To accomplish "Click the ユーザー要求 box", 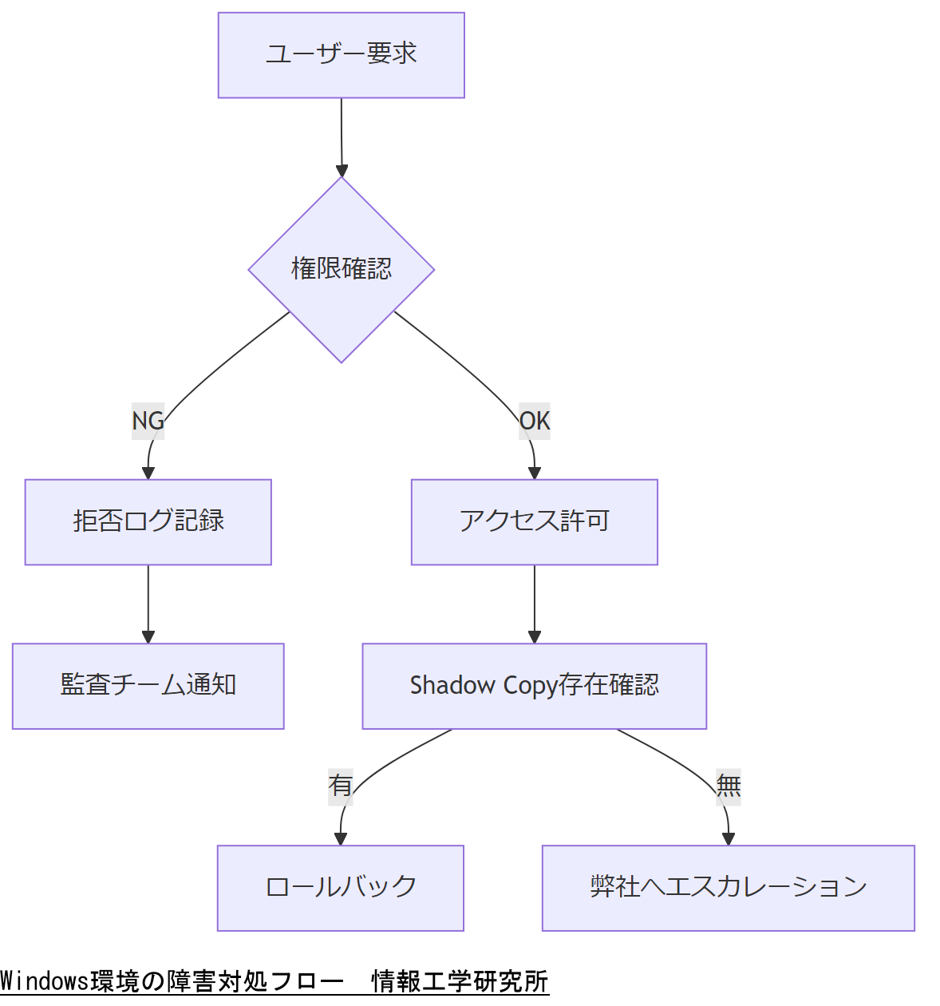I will [x=341, y=55].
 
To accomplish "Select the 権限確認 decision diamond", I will [x=341, y=269].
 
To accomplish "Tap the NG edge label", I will [x=148, y=421].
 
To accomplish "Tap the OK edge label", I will [x=535, y=421].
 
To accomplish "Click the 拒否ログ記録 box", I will [x=148, y=522].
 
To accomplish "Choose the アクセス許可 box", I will [x=534, y=522].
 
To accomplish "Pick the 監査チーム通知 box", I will [x=148, y=686].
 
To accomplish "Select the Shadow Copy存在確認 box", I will [x=534, y=686].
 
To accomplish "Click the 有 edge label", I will [x=341, y=786].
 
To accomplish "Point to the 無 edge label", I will [x=728, y=786].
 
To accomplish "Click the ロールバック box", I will [x=340, y=888].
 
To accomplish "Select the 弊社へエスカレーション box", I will [x=728, y=888].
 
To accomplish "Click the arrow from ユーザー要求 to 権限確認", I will [x=342, y=136].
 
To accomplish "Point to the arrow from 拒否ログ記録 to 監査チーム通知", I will [x=148, y=603].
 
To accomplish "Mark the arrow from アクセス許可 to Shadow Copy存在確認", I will [x=535, y=603].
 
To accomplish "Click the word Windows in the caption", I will [x=45, y=980].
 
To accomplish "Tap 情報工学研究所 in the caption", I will [x=460, y=980].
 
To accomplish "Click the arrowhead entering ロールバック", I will [x=341, y=838].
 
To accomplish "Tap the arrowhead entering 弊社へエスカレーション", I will [x=728, y=838].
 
